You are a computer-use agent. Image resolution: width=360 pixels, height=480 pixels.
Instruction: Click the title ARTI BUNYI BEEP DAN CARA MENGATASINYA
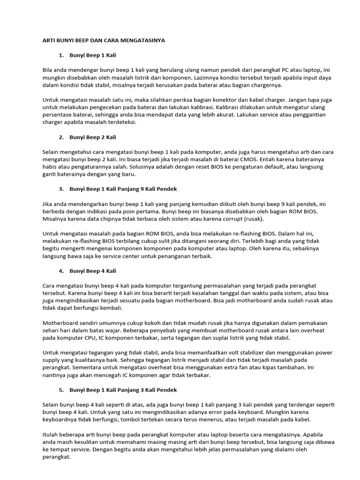click(x=104, y=41)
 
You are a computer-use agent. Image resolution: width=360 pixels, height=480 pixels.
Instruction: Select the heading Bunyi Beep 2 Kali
click(x=92, y=137)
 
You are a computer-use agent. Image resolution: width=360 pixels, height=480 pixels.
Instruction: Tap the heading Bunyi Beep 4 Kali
click(x=92, y=271)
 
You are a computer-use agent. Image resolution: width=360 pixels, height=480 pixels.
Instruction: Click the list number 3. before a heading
click(x=61, y=189)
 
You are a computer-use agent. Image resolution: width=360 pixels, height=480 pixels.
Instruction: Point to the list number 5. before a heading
click(x=61, y=390)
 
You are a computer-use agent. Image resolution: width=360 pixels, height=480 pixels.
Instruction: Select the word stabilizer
click(x=234, y=352)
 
